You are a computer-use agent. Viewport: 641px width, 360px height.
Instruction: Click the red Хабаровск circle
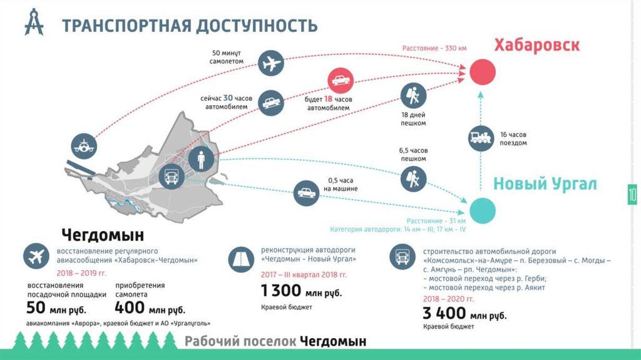(x=483, y=72)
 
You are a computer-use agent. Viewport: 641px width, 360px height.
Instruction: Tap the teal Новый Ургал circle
(x=483, y=211)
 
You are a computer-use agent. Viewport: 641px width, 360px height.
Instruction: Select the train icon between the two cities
(x=481, y=138)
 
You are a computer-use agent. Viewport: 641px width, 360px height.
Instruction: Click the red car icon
(x=341, y=80)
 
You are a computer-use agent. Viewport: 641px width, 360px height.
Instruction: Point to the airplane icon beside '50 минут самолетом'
(x=270, y=63)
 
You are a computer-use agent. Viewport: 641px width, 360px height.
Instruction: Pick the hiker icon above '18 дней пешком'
(x=413, y=96)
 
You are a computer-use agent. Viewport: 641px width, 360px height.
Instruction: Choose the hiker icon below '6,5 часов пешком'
(x=413, y=179)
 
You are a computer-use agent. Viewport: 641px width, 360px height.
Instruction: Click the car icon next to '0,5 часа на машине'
(x=306, y=193)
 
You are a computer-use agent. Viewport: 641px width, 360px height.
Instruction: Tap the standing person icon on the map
(x=201, y=159)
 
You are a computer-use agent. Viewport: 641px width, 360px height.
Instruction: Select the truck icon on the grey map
(x=172, y=177)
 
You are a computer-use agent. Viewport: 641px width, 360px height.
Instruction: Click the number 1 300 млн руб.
(x=301, y=291)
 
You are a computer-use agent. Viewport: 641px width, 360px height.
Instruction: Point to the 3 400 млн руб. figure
(x=464, y=314)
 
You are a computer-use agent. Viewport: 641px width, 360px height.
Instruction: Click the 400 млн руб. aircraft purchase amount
(x=150, y=307)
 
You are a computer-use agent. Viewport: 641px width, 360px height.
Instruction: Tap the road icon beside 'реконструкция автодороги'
(x=241, y=259)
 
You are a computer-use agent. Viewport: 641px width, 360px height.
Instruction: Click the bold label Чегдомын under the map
(x=103, y=235)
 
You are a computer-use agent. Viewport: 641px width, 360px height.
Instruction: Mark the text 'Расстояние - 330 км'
(x=434, y=48)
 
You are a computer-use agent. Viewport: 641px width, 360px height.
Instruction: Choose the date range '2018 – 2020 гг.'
(x=448, y=299)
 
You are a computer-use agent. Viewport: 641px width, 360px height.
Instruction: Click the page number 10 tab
(x=632, y=195)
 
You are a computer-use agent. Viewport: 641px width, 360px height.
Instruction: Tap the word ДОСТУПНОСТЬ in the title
(x=257, y=26)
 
